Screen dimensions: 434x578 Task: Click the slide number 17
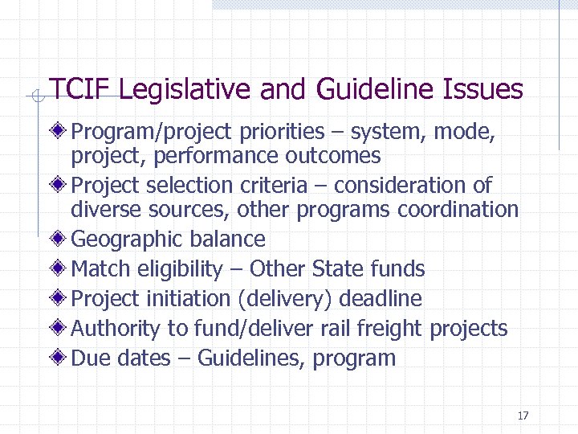(523, 416)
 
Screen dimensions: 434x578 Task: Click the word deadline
(380, 299)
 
